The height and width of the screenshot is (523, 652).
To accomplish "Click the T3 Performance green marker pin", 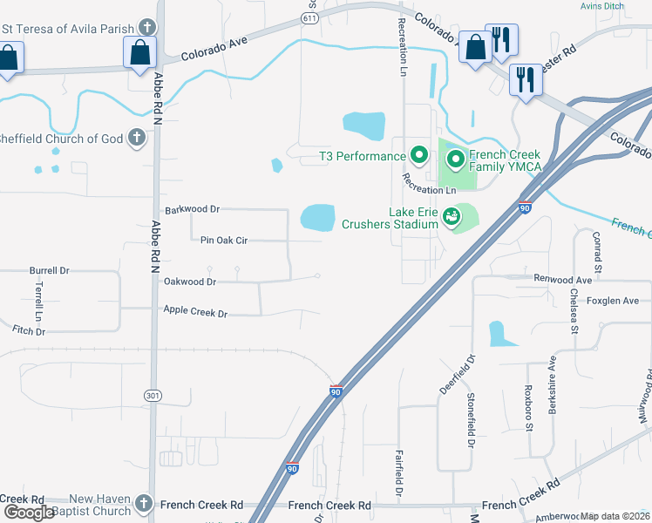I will point(418,157).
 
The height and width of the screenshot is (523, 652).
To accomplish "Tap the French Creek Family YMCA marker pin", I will point(455,160).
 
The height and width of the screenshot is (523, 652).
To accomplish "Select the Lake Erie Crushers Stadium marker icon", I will point(452,216).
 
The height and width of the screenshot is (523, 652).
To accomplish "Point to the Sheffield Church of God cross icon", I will point(136,138).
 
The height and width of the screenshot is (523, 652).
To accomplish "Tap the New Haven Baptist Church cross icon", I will point(144,504).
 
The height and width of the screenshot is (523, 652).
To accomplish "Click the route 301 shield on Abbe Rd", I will point(153,396).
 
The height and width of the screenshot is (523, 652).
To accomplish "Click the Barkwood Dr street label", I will point(192,210).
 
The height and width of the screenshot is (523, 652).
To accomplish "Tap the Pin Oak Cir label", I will point(225,240).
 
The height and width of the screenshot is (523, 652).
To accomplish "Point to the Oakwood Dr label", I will point(189,282).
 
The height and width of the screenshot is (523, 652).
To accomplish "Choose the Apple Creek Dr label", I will point(195,312).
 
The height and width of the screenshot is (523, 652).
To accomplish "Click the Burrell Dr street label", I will point(49,270).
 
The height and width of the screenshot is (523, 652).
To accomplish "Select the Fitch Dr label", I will point(29,330).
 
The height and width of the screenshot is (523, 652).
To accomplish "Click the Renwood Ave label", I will point(563,280).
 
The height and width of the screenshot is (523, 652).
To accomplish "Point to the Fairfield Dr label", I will point(398,473).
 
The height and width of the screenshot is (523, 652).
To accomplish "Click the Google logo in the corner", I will point(28,513).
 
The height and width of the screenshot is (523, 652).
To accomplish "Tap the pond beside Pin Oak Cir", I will point(318,217).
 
